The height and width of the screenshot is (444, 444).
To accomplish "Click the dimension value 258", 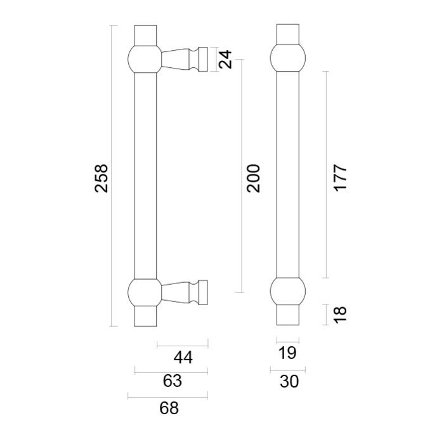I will [101, 178].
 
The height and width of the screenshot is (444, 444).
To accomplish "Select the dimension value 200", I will [254, 178].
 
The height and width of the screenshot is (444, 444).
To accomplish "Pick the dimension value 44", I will [183, 358].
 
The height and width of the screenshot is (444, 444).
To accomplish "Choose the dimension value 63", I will [172, 381].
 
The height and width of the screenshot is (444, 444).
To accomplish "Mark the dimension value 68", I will [169, 408].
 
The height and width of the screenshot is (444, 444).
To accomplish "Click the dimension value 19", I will [288, 354].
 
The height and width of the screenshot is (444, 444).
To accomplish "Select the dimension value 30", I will [288, 381].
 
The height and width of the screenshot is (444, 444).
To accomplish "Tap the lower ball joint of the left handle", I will [145, 292].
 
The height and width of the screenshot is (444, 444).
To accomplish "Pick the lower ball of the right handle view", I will [288, 292].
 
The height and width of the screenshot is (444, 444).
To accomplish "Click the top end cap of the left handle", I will [145, 35].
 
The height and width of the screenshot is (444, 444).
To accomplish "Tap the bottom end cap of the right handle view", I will [288, 316].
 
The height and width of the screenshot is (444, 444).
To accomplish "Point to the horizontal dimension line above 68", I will [168, 397].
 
